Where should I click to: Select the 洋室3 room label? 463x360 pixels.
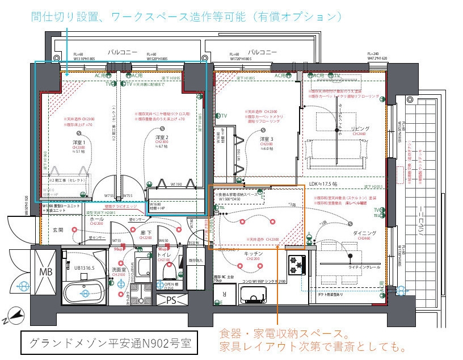point(267,139)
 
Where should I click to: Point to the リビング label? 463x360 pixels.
point(360,129)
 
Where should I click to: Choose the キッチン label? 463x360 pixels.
point(253,253)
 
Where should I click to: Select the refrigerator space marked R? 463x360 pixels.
point(225,294)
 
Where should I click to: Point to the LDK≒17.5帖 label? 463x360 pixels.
point(323,184)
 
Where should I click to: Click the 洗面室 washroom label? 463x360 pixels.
point(117,269)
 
